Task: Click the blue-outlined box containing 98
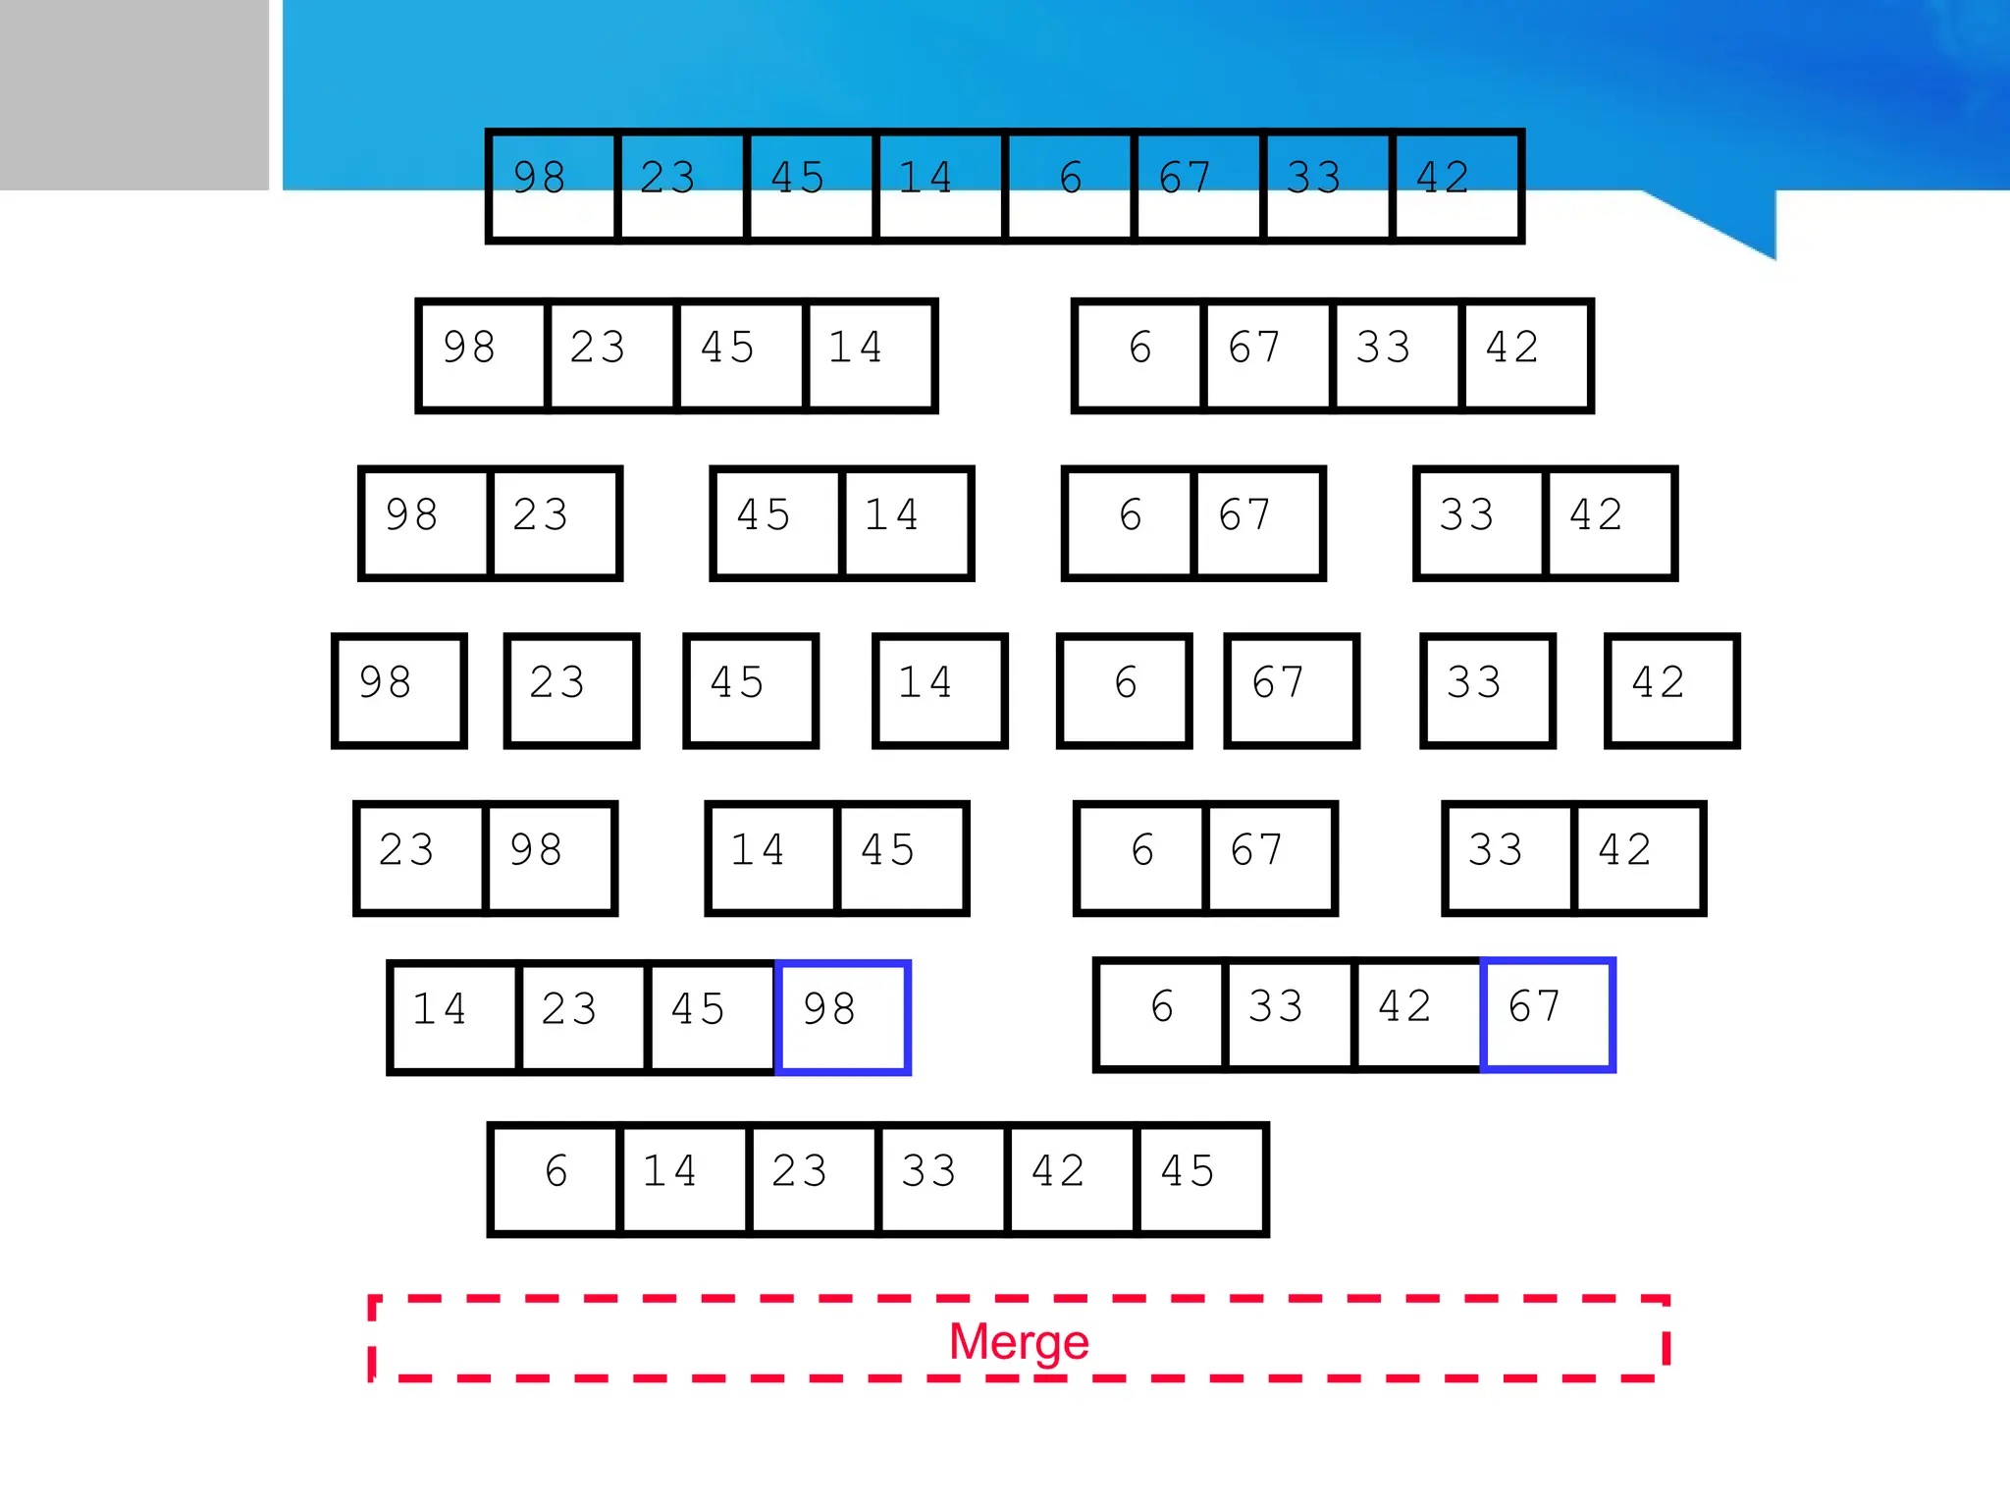point(843,1017)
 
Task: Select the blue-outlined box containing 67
point(1548,1014)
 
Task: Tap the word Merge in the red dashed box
point(1019,1341)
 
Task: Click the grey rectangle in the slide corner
point(133,94)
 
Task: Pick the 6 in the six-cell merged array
point(555,1178)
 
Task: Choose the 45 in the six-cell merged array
point(1201,1178)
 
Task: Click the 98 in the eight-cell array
point(553,186)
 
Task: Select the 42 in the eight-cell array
point(1456,186)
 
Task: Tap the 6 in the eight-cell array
point(1070,186)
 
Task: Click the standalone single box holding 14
point(939,690)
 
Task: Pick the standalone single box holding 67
point(1291,690)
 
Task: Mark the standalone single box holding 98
point(398,690)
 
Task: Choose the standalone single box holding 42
point(1671,690)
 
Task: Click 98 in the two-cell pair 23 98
point(550,858)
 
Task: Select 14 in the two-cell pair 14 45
point(772,858)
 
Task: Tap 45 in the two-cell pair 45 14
point(777,523)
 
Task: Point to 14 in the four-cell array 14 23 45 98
point(453,1017)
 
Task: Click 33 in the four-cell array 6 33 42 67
point(1289,1014)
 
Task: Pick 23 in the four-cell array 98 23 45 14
point(611,355)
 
